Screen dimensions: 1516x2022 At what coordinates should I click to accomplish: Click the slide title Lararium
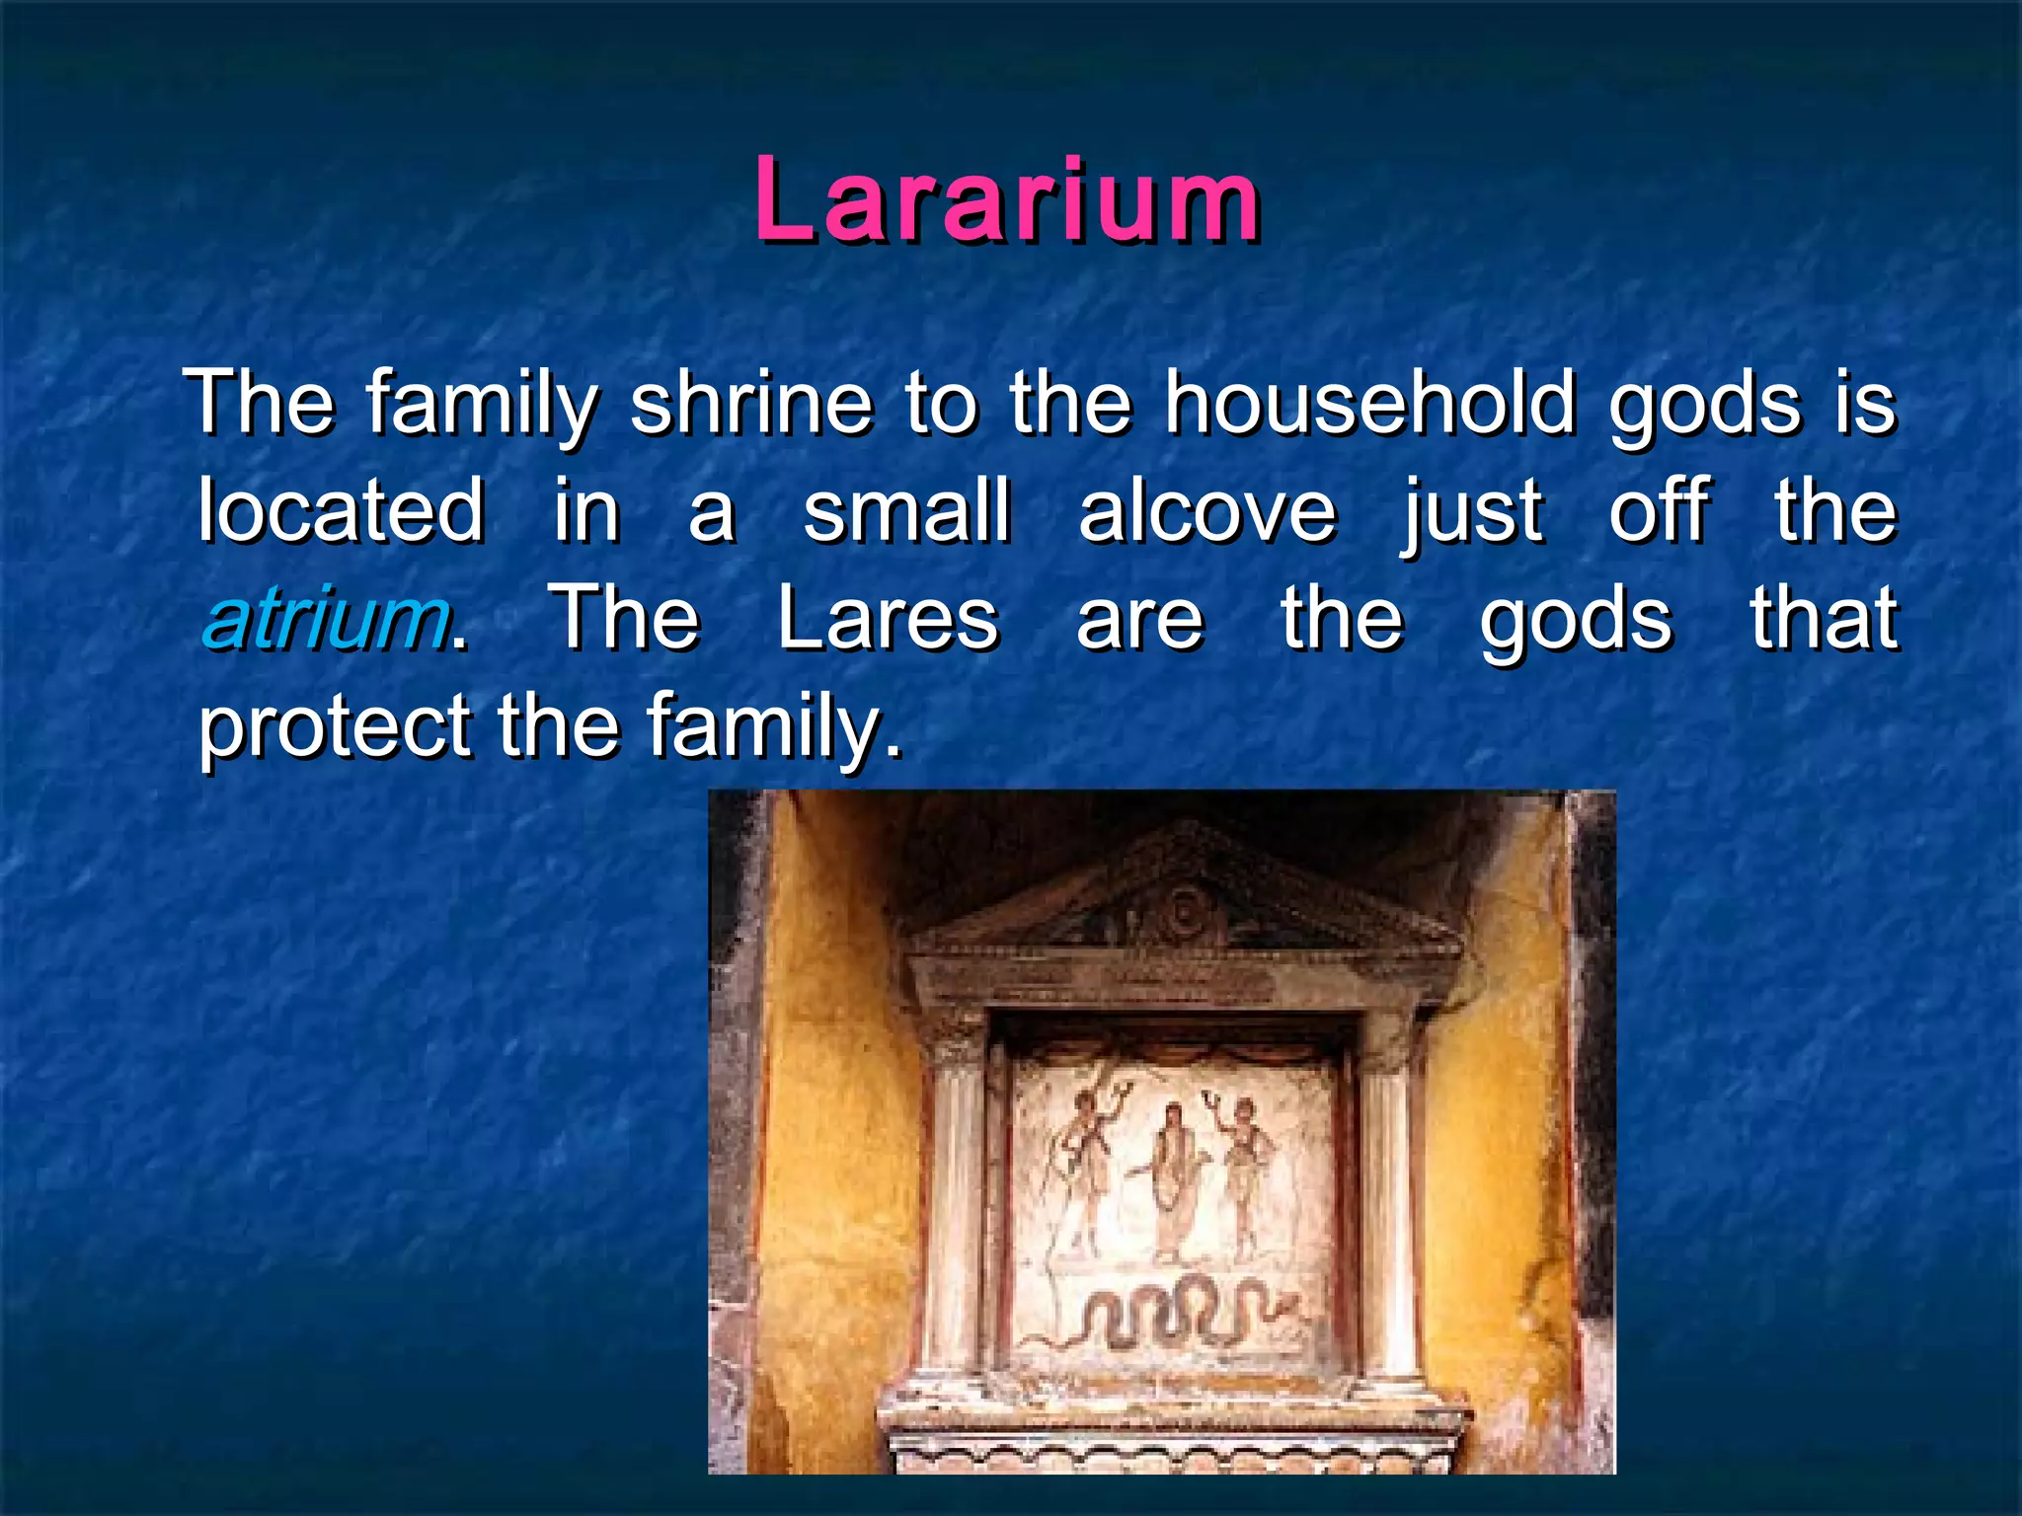coord(1007,201)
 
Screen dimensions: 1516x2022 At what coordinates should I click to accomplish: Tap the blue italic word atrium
coord(324,620)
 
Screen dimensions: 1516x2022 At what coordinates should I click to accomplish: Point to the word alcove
coord(1206,511)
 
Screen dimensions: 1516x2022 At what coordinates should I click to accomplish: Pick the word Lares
coord(888,620)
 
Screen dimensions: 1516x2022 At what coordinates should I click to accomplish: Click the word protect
coord(334,728)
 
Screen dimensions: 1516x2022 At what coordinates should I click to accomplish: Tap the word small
coord(906,511)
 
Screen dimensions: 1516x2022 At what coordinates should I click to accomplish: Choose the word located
coord(341,511)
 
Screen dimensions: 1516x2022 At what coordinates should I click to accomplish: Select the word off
coord(1659,511)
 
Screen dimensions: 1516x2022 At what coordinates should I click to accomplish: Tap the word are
coord(1139,620)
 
